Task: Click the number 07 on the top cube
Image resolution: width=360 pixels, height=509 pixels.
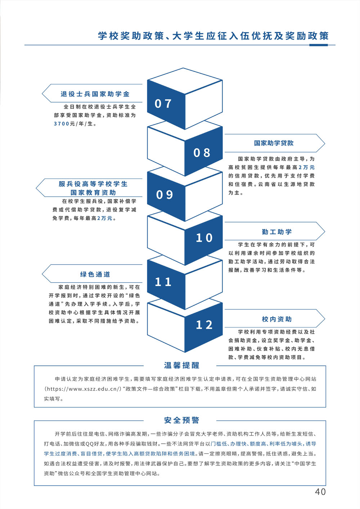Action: pos(163,104)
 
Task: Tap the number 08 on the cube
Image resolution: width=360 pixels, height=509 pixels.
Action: pos(202,153)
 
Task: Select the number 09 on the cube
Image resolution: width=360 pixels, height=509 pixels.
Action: pos(165,195)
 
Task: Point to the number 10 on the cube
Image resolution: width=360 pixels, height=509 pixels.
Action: pos(204,238)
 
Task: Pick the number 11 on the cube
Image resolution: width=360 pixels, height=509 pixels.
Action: pos(163,282)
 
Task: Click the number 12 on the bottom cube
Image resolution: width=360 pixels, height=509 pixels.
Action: pos(204,325)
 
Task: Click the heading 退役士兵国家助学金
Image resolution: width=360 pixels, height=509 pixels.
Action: pos(95,94)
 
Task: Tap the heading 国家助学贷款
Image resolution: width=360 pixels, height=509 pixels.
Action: pos(274,143)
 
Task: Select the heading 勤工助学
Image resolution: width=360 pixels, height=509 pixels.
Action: pos(276,232)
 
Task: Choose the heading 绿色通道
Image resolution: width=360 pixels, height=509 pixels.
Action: pos(95,274)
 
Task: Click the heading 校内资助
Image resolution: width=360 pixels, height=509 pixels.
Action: pos(276,319)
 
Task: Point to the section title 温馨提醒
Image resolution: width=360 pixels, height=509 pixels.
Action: pos(181,365)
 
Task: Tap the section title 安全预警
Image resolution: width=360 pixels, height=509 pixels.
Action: pos(181,420)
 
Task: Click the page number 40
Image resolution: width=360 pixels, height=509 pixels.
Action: pos(320,492)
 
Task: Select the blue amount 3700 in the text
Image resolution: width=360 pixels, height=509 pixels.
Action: pos(62,124)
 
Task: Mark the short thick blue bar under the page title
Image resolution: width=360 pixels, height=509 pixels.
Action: pos(318,45)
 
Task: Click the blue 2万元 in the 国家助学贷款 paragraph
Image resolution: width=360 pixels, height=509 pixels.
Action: pos(306,167)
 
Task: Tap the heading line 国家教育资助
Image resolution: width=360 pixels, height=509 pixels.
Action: pos(93,193)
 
